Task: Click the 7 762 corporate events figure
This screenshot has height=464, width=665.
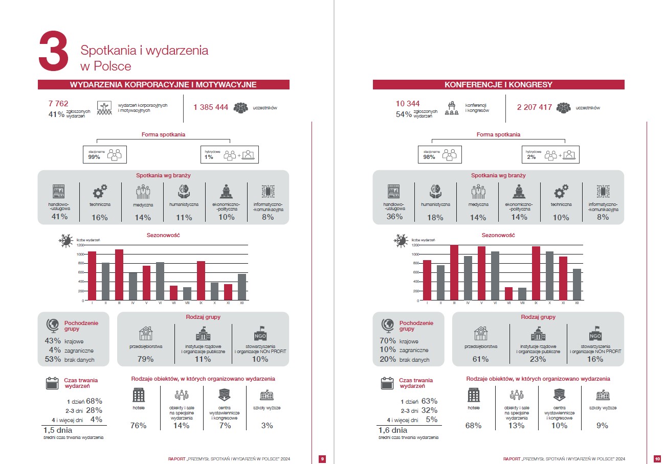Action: (x=58, y=104)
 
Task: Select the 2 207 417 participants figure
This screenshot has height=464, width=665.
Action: (x=534, y=107)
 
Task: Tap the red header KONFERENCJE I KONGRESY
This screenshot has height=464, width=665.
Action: (x=498, y=85)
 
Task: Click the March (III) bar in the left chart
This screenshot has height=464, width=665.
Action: (x=119, y=275)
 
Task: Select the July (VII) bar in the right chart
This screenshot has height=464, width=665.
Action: (x=508, y=294)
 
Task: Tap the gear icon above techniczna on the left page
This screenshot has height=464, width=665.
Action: (x=100, y=192)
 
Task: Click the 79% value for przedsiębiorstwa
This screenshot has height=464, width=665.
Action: (x=146, y=359)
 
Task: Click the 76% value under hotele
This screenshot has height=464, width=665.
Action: (x=139, y=425)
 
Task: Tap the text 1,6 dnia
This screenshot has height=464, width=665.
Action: (x=393, y=430)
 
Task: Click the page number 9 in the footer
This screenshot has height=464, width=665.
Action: (x=322, y=458)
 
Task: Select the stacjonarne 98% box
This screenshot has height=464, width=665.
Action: (x=439, y=154)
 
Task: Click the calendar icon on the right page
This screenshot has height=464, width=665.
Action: (x=387, y=383)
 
